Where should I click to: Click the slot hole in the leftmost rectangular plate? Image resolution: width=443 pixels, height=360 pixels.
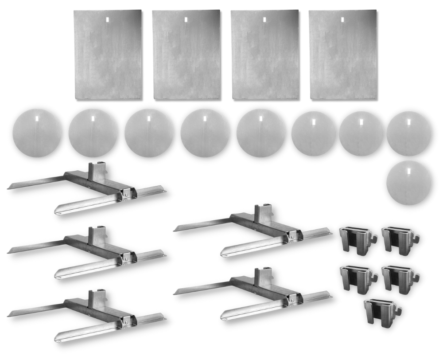click(108, 20)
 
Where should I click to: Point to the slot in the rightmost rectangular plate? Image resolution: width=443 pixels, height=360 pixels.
click(342, 20)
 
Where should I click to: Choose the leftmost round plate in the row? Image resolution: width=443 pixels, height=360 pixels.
click(37, 133)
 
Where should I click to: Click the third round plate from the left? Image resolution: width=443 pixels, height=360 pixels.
click(149, 133)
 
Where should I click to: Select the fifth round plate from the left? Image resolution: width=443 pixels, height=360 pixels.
click(261, 133)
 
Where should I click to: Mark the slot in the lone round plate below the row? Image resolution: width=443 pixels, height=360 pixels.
click(408, 169)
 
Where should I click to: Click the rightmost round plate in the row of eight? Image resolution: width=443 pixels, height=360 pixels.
click(408, 133)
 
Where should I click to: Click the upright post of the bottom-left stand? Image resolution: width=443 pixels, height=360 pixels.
click(96, 300)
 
